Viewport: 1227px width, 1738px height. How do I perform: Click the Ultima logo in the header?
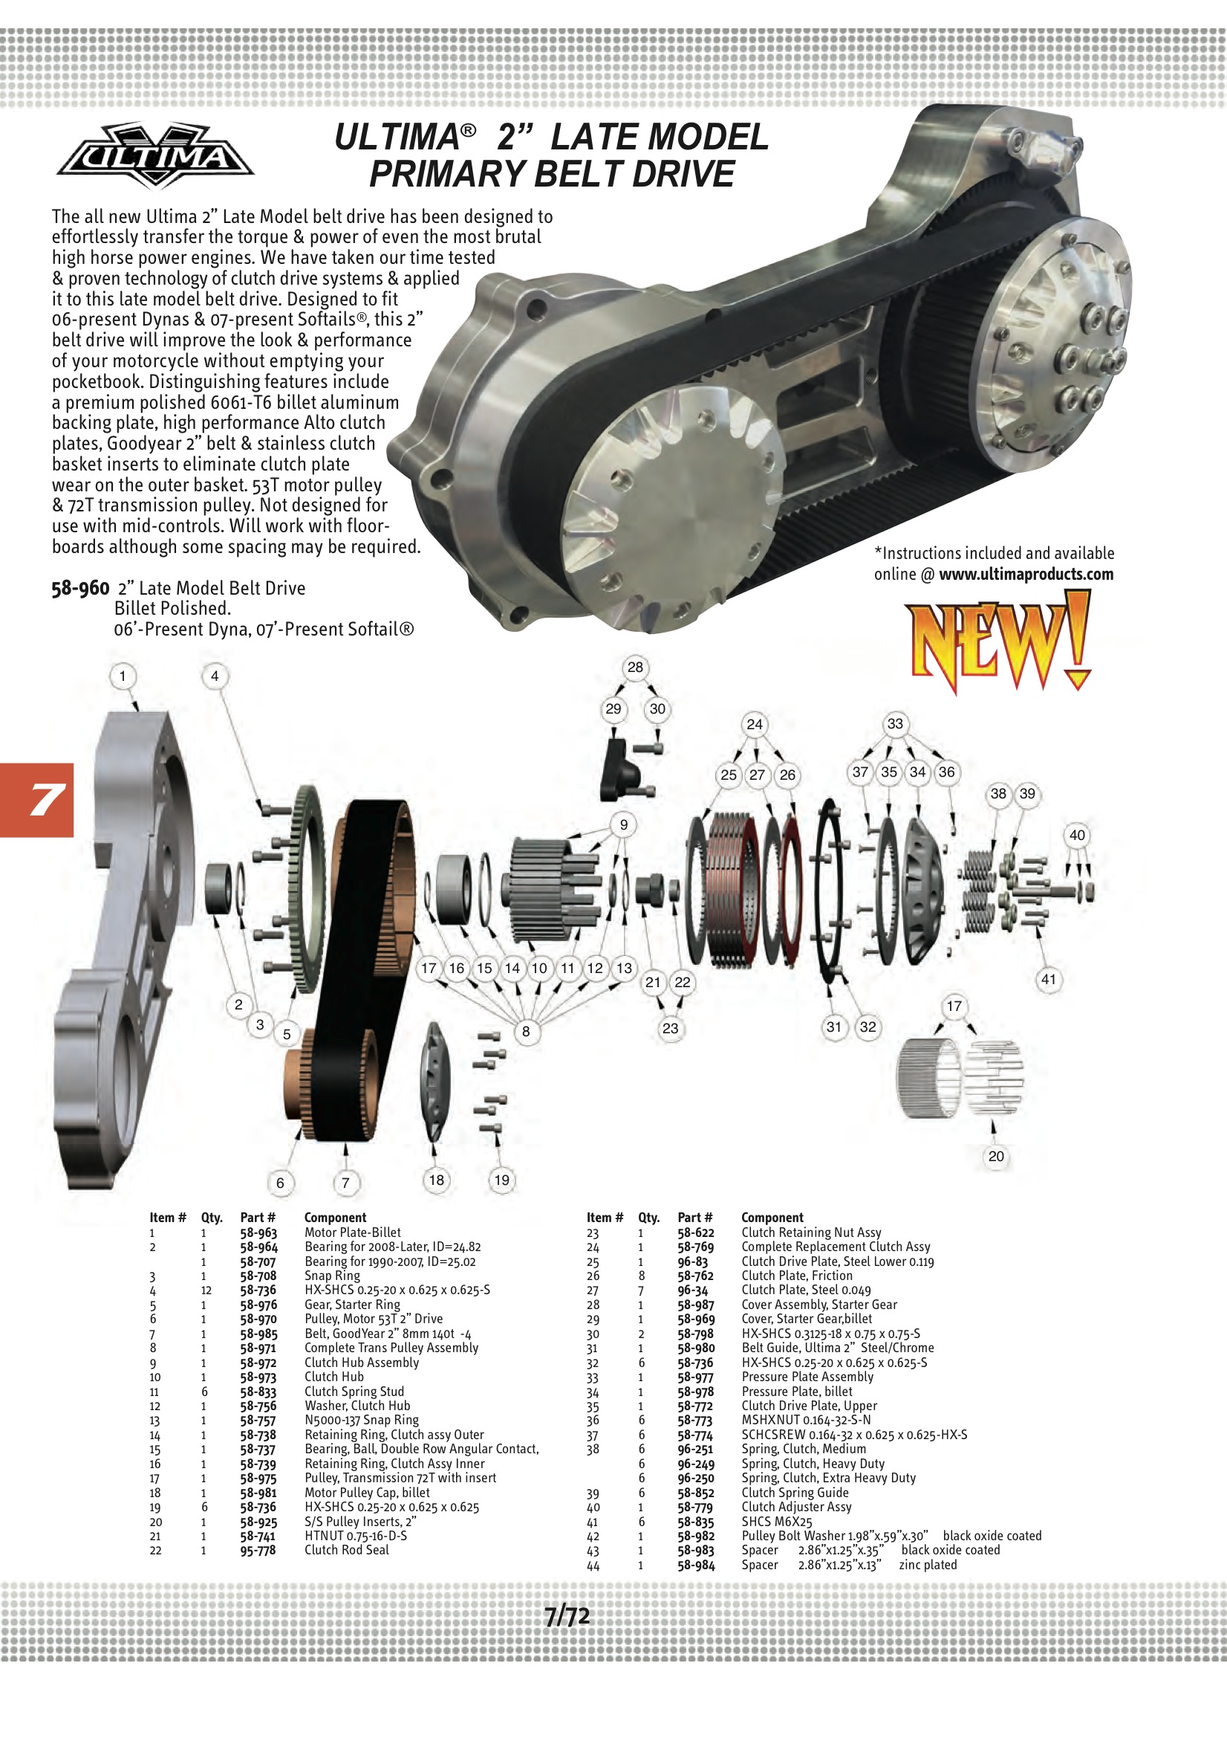click(x=155, y=155)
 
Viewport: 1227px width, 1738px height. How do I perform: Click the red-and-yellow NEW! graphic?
click(x=1000, y=640)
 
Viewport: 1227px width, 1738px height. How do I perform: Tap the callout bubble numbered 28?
click(x=635, y=667)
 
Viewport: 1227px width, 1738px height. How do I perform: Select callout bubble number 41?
click(x=1048, y=979)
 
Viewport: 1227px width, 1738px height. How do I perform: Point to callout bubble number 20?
click(x=995, y=1156)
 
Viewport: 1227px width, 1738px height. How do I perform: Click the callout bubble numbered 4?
click(x=215, y=676)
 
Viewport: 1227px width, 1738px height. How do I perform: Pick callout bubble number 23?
click(x=670, y=1028)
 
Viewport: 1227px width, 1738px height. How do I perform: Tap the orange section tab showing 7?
click(x=37, y=799)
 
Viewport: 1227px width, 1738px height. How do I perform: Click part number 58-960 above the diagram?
click(x=80, y=588)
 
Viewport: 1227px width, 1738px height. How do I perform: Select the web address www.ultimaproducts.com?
click(x=1026, y=574)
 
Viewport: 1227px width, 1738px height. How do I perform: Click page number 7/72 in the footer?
click(x=567, y=1616)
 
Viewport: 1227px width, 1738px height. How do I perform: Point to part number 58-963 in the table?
click(x=258, y=1233)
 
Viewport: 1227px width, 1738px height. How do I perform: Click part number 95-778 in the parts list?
click(x=258, y=1550)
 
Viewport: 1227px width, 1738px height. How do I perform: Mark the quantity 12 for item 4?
click(x=206, y=1290)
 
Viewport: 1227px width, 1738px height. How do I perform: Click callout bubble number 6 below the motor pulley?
click(x=280, y=1183)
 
